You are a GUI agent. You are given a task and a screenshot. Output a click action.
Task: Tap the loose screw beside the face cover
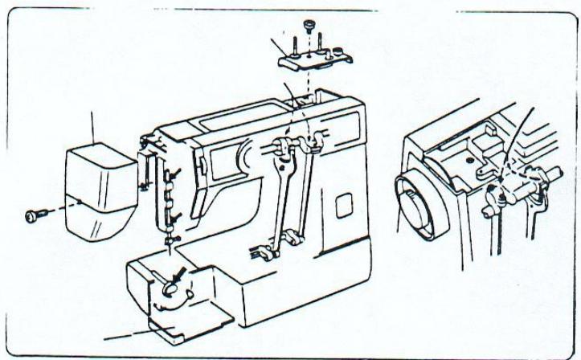click(x=34, y=215)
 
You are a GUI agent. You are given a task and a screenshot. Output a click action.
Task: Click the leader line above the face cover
click(x=93, y=129)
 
